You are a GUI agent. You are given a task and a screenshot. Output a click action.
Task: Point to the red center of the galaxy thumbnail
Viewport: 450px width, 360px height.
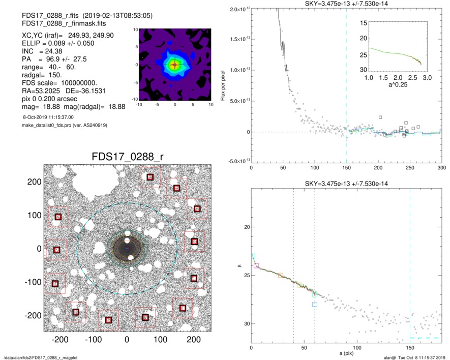pyautogui.click(x=175, y=65)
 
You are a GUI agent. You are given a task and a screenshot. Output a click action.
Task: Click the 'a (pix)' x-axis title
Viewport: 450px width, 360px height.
pyautogui.click(x=346, y=353)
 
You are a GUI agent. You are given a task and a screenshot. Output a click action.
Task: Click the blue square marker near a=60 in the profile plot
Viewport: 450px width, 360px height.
pyautogui.click(x=315, y=304)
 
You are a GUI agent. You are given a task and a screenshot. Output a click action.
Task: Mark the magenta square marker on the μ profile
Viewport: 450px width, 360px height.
pyautogui.click(x=256, y=265)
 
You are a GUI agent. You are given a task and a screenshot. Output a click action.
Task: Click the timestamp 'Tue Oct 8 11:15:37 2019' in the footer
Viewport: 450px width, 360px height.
pyautogui.click(x=418, y=357)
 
